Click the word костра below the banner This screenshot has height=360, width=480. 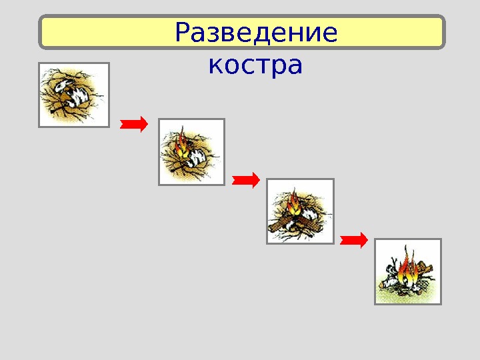[255, 66]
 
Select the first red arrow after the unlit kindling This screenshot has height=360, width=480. [133, 123]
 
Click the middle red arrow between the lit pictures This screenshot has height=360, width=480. [245, 179]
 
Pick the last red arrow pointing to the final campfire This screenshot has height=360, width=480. [353, 239]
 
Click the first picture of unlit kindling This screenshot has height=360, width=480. [73, 94]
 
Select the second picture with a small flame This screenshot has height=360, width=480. [191, 151]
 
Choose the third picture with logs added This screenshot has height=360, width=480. [300, 211]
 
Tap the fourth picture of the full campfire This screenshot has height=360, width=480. [408, 271]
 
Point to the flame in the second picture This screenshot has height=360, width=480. [181, 143]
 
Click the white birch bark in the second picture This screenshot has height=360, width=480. [198, 158]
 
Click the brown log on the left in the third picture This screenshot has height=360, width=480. [280, 222]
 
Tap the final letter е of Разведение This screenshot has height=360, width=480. [329, 33]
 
